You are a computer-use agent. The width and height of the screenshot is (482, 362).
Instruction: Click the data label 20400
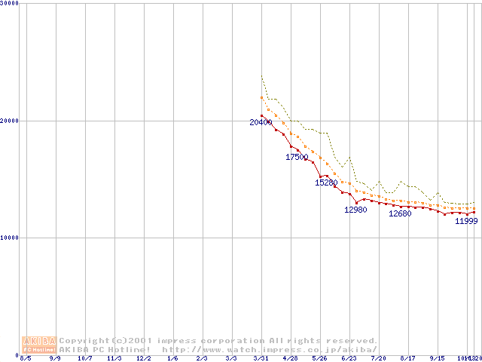261,122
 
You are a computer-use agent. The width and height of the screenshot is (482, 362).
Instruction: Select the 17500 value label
297,157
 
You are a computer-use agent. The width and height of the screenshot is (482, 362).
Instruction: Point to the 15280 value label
326,183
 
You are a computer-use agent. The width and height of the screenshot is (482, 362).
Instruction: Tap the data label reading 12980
355,210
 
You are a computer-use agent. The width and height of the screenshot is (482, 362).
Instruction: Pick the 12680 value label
400,213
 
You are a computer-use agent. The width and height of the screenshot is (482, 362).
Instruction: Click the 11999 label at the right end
466,221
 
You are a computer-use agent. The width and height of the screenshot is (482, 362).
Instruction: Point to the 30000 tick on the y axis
11,4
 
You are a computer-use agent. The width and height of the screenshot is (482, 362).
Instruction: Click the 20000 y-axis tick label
11,121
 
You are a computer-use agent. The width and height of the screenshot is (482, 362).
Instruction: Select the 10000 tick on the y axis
11,238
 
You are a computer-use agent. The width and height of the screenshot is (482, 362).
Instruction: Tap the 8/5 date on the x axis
26,358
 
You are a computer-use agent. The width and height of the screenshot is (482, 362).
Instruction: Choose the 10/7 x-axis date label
86,358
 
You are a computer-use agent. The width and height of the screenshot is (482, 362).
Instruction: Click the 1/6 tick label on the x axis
173,358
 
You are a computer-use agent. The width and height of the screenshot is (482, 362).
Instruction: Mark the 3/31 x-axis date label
261,358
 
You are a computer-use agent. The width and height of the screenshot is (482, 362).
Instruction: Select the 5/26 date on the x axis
319,358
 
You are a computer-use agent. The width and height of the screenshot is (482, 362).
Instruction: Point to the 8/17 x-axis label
408,358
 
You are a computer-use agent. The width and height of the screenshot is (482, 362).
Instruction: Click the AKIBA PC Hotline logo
40,345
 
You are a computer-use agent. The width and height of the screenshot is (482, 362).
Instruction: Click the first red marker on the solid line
261,115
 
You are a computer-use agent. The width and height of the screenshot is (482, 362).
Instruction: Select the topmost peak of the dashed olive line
261,75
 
